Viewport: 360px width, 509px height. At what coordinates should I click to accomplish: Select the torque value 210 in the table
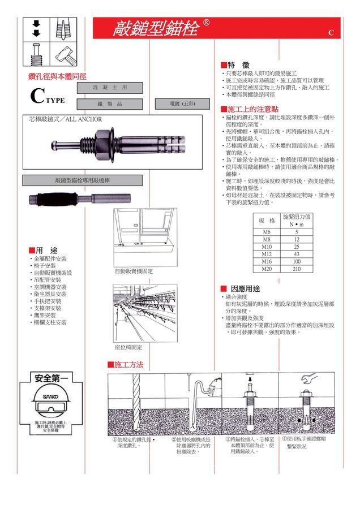point(297,269)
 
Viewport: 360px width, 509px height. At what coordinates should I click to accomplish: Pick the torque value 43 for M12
point(297,255)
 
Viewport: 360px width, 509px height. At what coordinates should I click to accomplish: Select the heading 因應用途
point(245,288)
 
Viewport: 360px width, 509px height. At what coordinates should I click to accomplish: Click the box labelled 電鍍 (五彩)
point(182,104)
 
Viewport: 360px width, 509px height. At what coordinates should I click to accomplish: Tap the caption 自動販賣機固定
point(134,271)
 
